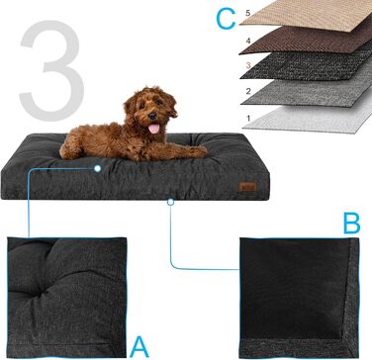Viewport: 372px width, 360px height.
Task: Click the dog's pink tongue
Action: (x=153, y=129)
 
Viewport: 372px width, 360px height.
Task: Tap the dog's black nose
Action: (x=152, y=116)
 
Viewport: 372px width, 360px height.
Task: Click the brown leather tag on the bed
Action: (x=247, y=187)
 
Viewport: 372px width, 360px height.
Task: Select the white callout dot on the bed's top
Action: (x=97, y=169)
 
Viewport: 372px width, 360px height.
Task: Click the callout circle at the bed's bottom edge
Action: (x=170, y=202)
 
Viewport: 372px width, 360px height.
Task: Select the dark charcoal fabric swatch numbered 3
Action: (x=307, y=64)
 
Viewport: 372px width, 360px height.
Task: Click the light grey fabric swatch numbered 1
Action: (x=309, y=117)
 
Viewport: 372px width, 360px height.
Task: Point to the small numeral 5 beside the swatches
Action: (x=248, y=14)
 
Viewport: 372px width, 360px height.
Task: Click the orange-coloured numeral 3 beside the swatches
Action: (x=248, y=65)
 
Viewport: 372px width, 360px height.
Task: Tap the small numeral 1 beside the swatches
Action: (x=248, y=118)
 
